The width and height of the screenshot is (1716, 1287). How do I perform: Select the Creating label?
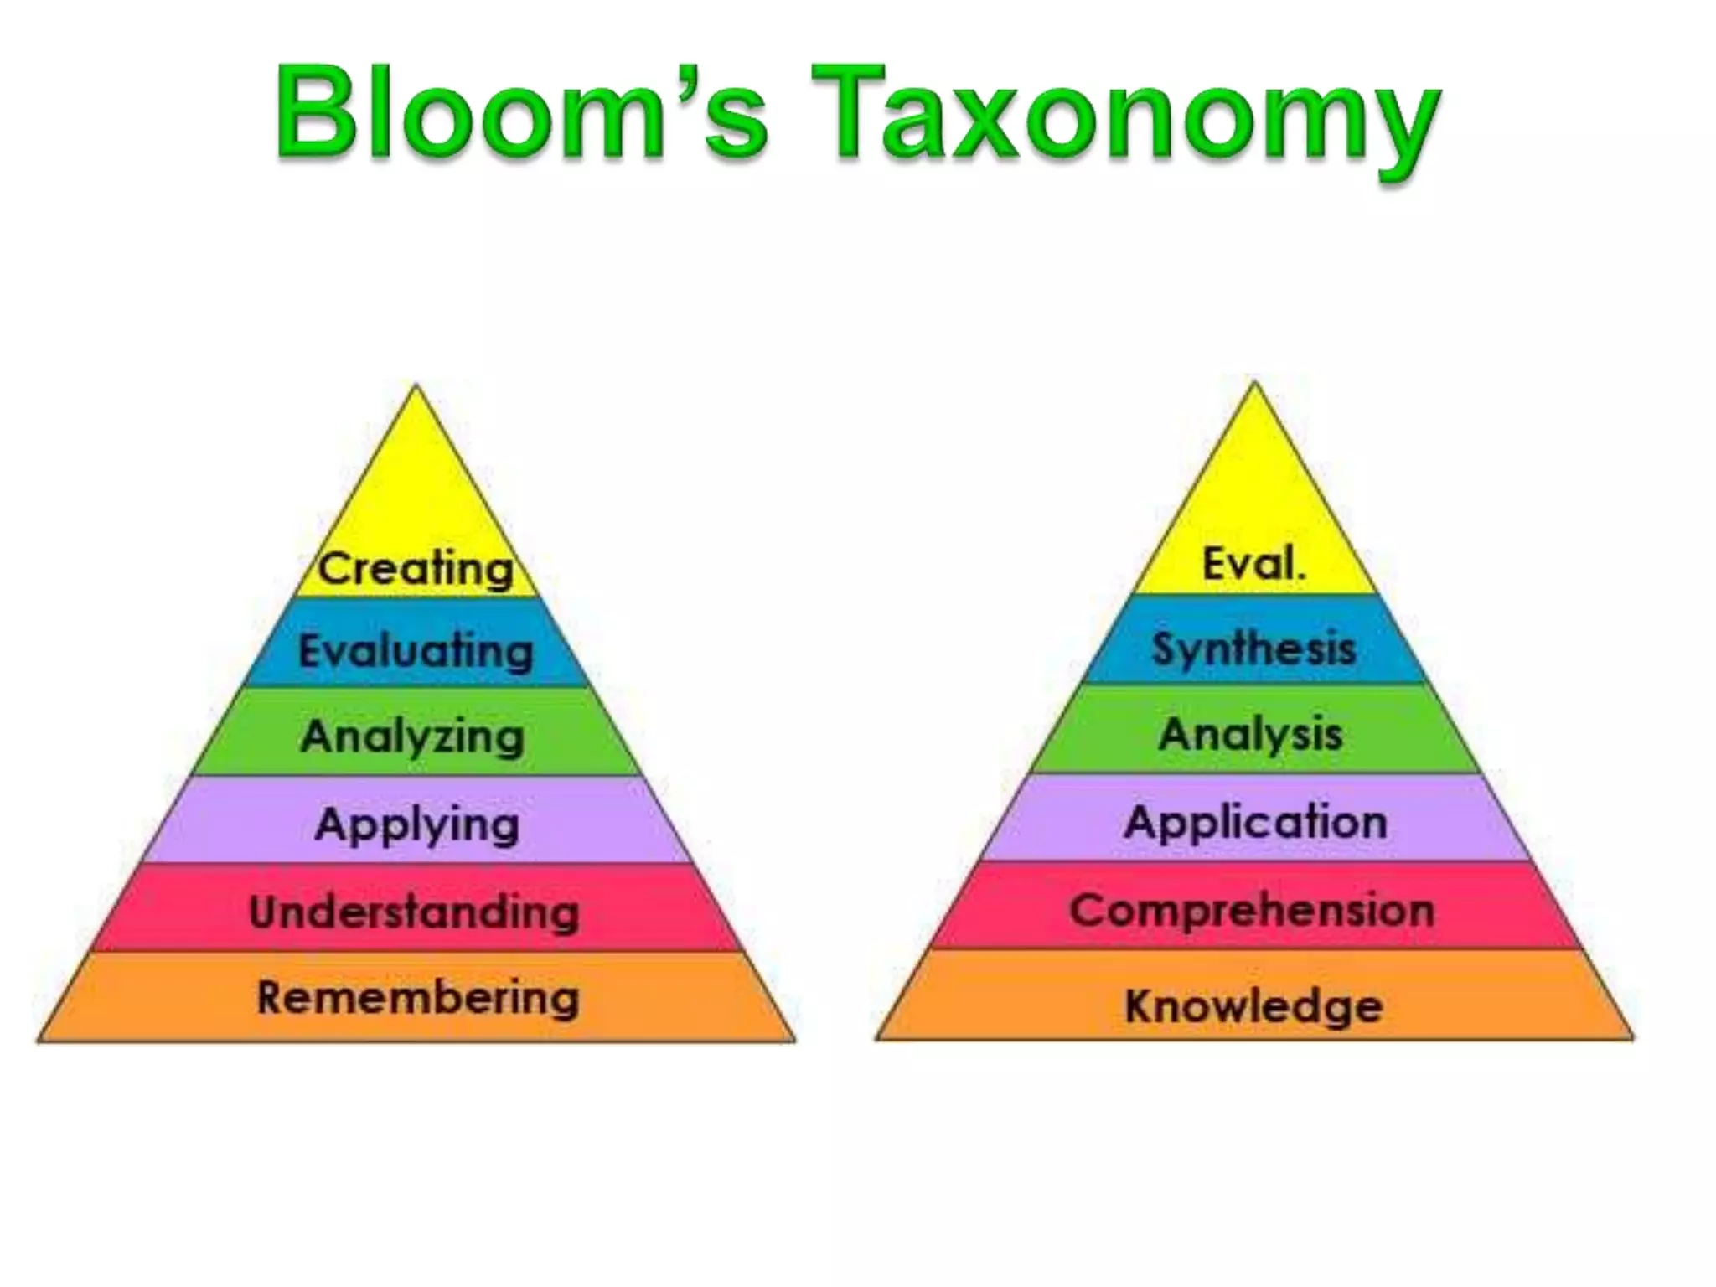click(416, 569)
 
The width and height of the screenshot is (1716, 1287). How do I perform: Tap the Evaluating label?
click(416, 651)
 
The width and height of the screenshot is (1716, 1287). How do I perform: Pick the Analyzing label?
click(412, 737)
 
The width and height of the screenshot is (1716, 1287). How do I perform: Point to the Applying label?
click(416, 825)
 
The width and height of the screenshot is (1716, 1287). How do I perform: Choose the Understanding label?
click(415, 912)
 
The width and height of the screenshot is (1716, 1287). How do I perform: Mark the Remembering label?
click(418, 998)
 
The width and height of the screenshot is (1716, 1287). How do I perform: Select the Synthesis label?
click(1253, 649)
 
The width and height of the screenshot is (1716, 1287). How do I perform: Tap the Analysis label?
click(1251, 735)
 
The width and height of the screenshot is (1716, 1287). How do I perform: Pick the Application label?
click(1255, 822)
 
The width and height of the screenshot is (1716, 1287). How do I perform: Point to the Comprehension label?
click(1252, 910)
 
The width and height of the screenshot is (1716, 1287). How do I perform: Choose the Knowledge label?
click(1253, 1005)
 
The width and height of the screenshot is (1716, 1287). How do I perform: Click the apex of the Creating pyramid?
click(416, 386)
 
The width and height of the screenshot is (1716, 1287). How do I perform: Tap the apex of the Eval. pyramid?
click(1254, 383)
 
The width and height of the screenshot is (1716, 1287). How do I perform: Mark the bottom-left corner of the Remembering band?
click(39, 1041)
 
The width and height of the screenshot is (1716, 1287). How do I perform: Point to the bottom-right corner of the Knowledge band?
click(1633, 1039)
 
